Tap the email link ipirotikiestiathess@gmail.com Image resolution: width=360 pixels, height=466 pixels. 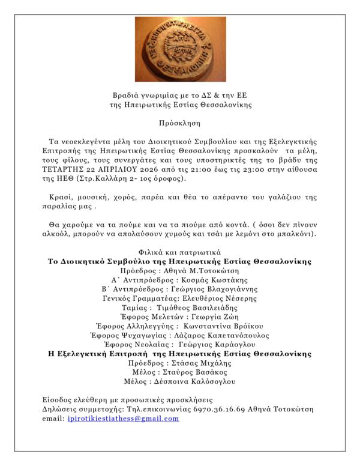pyautogui.click(x=124, y=419)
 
